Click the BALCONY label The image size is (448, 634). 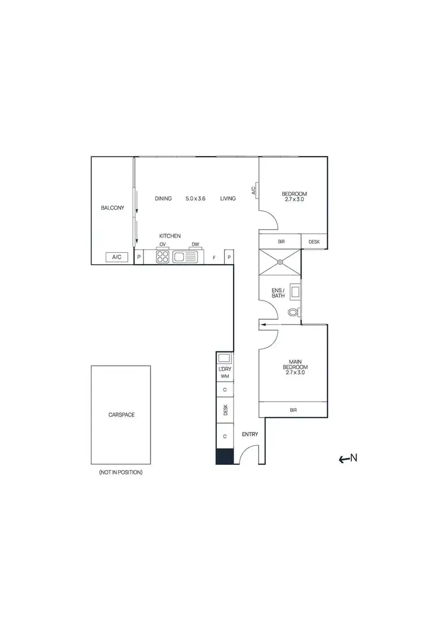coord(112,208)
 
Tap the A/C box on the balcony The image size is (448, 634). coord(117,257)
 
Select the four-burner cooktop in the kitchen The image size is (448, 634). coord(163,257)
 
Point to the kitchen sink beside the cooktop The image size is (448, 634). coord(185,257)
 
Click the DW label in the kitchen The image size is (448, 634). coord(195,244)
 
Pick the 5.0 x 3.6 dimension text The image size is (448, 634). coord(195,198)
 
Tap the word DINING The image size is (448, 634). coord(163,198)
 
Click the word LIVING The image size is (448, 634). coord(228,198)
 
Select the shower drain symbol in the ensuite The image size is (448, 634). coord(279,261)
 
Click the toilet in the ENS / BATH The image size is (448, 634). coord(293,312)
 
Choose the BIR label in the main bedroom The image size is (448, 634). coord(293,410)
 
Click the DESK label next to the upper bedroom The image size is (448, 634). coord(314,242)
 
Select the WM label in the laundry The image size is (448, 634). coord(225,376)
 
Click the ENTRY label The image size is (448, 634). coord(250,434)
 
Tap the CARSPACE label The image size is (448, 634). coord(121,414)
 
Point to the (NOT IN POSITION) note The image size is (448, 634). coord(121,472)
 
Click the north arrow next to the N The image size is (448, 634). coord(343,459)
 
